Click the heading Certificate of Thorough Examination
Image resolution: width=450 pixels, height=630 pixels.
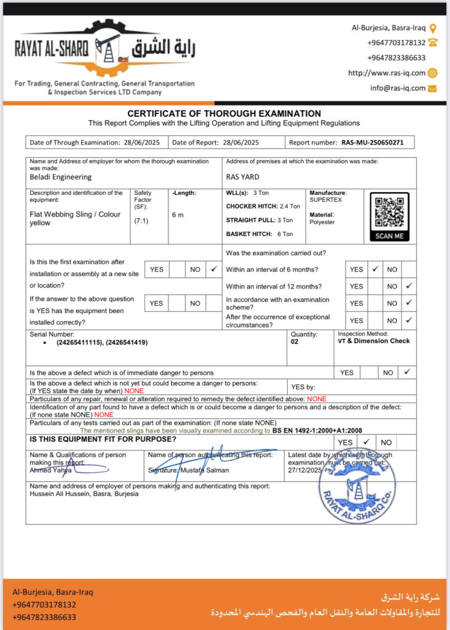[224, 113]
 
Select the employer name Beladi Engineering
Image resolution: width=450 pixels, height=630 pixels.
[61, 177]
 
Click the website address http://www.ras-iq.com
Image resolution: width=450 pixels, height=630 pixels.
[386, 73]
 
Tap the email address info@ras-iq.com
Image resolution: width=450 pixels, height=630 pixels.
[398, 88]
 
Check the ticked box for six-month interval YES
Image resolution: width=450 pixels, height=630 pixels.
[374, 269]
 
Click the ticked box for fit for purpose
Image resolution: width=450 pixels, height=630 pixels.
[366, 442]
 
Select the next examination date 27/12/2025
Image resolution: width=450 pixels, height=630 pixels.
[305, 470]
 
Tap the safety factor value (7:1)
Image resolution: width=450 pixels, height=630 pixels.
[141, 220]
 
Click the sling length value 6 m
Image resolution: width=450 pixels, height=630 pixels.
[178, 215]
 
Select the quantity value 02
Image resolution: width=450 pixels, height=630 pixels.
[294, 342]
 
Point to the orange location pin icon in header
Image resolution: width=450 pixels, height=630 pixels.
[432, 28]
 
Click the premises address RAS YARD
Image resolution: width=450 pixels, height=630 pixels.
[243, 177]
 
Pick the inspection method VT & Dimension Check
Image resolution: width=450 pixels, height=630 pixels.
[374, 341]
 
